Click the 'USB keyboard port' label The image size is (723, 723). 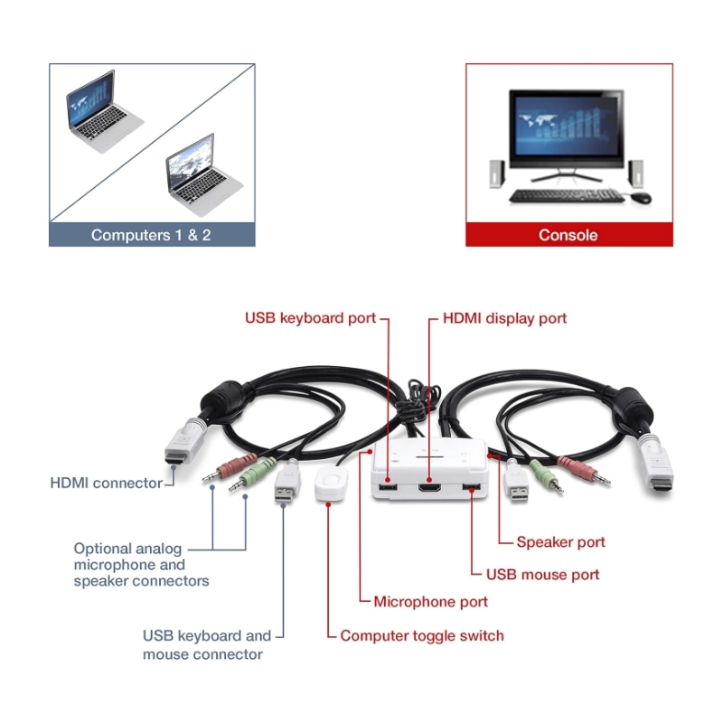(310, 318)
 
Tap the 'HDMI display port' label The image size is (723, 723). (504, 318)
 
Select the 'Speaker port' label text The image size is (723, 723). (560, 542)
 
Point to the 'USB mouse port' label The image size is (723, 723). (542, 574)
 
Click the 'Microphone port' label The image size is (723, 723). (431, 602)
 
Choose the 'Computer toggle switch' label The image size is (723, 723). (422, 635)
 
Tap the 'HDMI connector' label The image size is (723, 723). (107, 483)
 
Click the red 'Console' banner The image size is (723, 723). (568, 235)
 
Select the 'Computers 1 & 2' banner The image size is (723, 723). (151, 235)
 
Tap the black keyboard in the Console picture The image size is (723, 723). (566, 196)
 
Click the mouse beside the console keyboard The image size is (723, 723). (640, 197)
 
